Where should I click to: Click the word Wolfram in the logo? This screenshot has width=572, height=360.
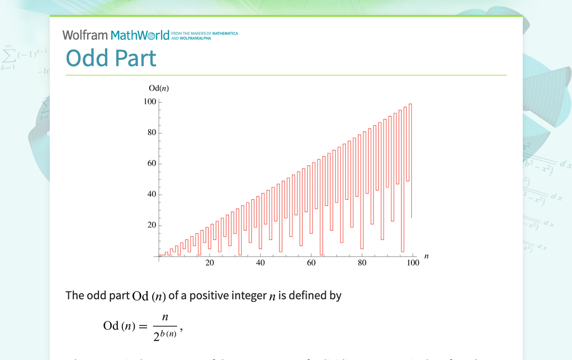point(85,35)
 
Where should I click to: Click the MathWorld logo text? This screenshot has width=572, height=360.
point(140,35)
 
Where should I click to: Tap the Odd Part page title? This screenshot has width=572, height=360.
point(111,58)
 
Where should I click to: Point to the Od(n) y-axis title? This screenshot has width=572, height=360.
point(159,89)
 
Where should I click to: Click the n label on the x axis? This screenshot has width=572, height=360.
point(426,256)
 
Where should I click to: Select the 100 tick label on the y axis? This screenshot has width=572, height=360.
point(150,102)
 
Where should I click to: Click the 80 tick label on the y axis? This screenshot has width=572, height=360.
point(152,133)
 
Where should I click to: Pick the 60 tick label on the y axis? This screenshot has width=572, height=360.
point(152,164)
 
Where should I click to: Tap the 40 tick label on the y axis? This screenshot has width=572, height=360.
point(152,194)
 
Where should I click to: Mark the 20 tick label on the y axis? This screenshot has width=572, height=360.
point(152,225)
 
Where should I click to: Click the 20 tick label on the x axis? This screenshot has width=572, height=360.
point(210,263)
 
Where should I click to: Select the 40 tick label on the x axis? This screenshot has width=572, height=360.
point(261,263)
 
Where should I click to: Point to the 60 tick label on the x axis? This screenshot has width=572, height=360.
point(311,263)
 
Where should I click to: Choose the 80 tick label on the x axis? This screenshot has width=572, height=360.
point(362,263)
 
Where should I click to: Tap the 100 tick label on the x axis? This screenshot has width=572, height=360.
point(413,263)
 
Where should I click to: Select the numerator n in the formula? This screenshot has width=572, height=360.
point(165,317)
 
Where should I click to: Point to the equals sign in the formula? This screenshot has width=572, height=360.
point(143,326)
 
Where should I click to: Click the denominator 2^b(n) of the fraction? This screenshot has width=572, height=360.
point(165,336)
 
